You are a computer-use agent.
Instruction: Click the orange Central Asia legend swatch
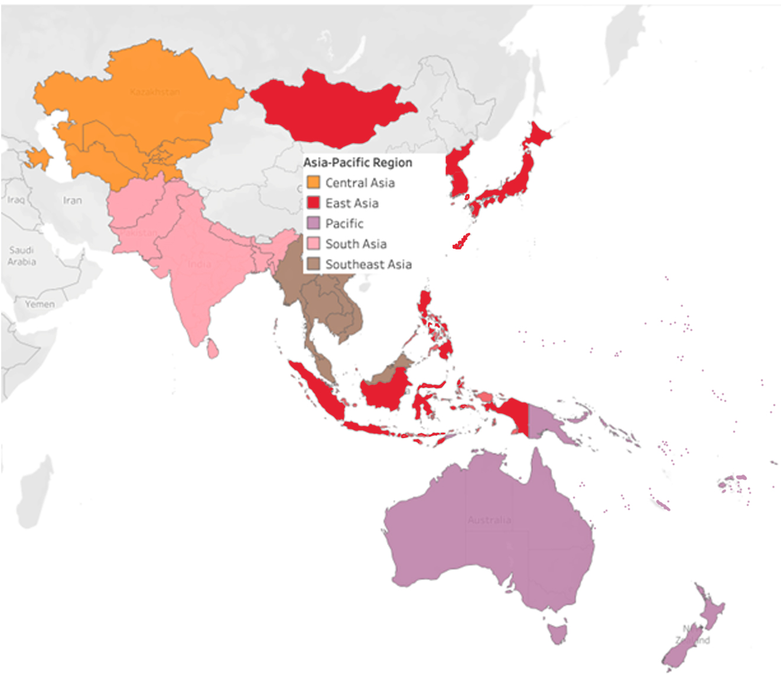pyautogui.click(x=313, y=182)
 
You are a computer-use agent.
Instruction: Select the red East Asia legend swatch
pyautogui.click(x=313, y=203)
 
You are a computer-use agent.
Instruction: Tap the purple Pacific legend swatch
pyautogui.click(x=313, y=223)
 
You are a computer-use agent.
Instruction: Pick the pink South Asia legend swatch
pyautogui.click(x=313, y=244)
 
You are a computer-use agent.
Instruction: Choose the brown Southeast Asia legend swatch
pyautogui.click(x=313, y=264)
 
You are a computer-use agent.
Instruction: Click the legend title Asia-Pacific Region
pyautogui.click(x=357, y=163)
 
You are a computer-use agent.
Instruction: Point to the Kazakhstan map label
pyautogui.click(x=154, y=92)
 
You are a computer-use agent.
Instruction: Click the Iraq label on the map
pyautogui.click(x=16, y=200)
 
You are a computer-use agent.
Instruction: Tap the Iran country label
pyautogui.click(x=72, y=200)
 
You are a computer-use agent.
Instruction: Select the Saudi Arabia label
pyautogui.click(x=22, y=256)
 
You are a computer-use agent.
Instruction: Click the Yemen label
pyautogui.click(x=40, y=304)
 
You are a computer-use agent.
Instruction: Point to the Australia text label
pyautogui.click(x=489, y=520)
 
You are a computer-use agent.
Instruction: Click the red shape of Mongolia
pyautogui.click(x=331, y=109)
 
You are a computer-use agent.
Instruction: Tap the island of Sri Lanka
pyautogui.click(x=212, y=348)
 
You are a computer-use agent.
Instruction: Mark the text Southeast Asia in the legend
pyautogui.click(x=368, y=264)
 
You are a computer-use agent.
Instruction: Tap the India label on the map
pyautogui.click(x=199, y=264)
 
